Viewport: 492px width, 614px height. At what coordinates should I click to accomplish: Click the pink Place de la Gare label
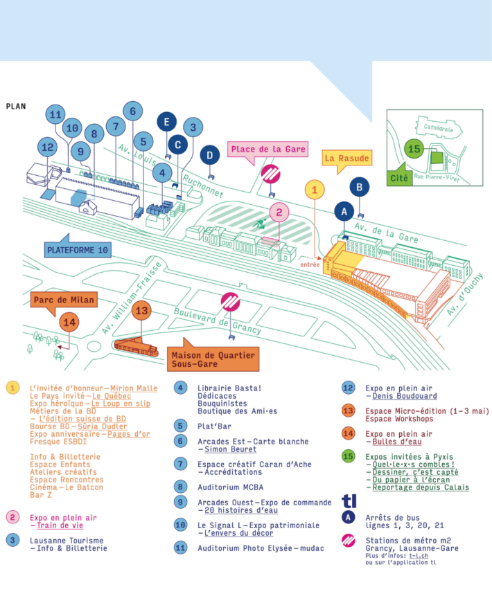coord(267,150)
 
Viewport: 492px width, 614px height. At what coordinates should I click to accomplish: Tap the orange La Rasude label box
coord(346,158)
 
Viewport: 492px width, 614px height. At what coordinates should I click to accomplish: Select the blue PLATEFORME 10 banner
coord(78,249)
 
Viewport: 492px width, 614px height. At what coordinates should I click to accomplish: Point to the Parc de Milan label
coord(62,300)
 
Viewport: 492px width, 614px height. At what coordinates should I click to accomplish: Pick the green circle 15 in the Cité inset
coord(414,150)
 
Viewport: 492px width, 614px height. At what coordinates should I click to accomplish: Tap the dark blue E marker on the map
coord(166,122)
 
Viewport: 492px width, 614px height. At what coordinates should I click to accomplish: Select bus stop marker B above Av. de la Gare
coord(360,186)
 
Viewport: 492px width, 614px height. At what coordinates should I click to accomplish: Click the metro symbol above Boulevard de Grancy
coord(230,302)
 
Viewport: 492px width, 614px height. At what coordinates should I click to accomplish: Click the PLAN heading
coord(15,107)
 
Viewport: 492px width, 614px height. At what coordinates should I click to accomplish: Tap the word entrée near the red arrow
coord(310,264)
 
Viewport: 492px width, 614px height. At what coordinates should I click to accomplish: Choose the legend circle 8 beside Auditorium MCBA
coord(180,487)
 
